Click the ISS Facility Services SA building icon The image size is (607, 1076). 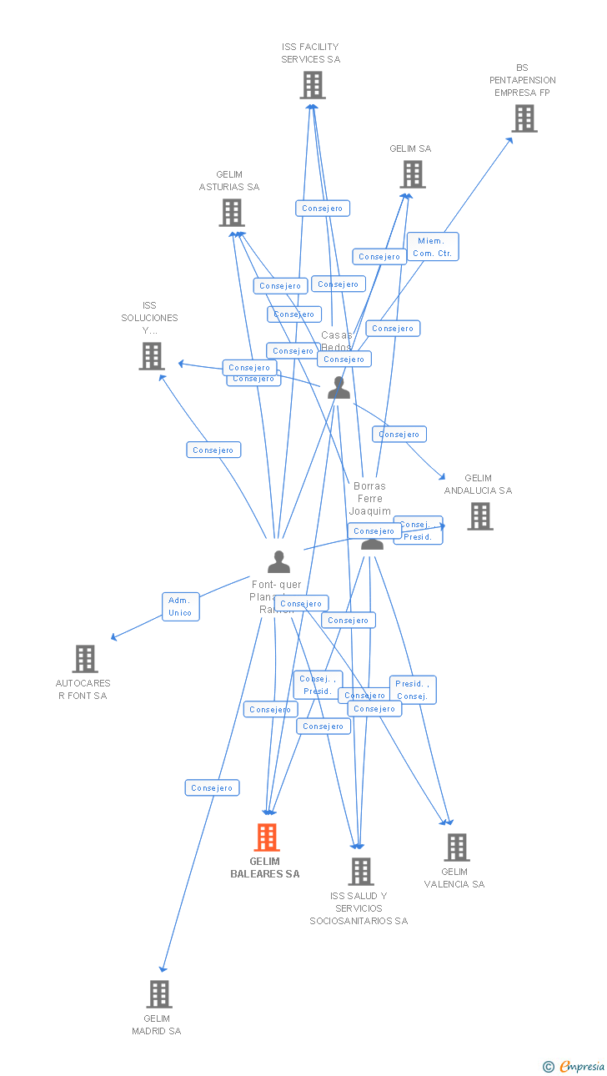[312, 85]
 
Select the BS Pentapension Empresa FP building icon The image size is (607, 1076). [524, 118]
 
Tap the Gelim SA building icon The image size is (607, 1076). [412, 174]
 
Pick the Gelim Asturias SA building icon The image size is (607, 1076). [231, 213]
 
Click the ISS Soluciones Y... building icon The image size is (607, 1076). [151, 356]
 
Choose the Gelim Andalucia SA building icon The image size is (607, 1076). [479, 516]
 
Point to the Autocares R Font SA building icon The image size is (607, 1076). [84, 659]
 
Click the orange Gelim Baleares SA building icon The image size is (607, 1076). [266, 837]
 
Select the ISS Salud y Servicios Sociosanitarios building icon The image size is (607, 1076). [360, 871]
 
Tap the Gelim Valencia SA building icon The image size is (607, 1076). [456, 847]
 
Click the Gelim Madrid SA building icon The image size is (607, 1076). [158, 994]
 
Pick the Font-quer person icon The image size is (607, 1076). [278, 562]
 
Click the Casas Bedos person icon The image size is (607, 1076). [339, 388]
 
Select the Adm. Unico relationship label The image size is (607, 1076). [180, 606]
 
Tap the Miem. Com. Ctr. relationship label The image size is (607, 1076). [433, 247]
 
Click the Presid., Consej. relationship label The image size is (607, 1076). [412, 690]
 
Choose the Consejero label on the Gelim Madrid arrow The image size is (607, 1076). [212, 787]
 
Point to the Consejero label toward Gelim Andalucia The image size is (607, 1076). [399, 434]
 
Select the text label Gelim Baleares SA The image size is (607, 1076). [265, 867]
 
